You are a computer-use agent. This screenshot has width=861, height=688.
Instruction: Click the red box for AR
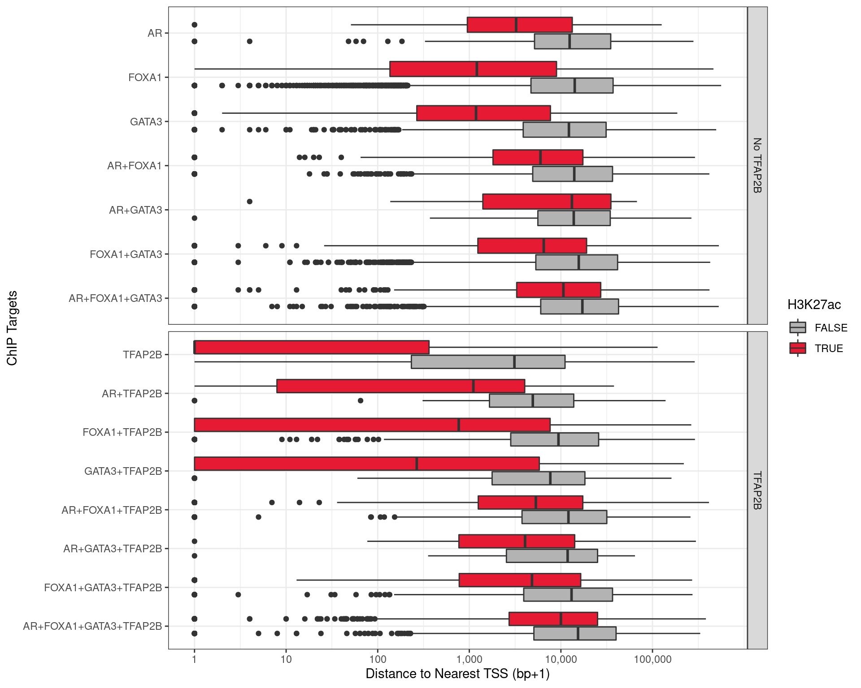point(519,25)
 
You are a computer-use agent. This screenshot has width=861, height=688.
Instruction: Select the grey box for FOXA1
point(572,86)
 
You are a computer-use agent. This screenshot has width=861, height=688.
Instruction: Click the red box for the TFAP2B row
point(312,347)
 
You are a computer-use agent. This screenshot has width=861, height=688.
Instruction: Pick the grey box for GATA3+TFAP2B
point(538,478)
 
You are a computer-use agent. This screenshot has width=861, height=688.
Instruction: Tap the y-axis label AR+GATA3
point(135,210)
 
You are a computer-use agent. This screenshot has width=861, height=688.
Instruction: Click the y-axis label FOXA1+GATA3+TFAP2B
point(103,588)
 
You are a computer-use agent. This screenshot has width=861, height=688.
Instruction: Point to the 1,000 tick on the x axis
point(469,659)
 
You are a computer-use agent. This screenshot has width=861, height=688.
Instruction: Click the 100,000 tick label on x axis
point(652,659)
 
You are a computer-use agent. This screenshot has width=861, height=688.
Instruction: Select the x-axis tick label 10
point(286,659)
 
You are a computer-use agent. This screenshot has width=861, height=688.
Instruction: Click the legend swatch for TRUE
point(798,348)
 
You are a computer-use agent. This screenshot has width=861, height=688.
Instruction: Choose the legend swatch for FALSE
point(798,328)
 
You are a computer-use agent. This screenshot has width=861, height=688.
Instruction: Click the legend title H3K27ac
point(814,305)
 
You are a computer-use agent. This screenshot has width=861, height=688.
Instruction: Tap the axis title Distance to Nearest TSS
point(457,674)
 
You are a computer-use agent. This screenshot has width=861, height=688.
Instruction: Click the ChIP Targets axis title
point(12,328)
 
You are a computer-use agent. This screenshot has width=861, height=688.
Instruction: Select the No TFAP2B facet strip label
point(757,165)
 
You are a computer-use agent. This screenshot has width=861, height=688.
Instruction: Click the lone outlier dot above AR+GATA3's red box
point(250,202)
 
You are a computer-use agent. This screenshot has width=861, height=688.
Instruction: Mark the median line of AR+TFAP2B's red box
point(474,386)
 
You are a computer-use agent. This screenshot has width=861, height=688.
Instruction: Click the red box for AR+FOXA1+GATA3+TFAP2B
point(553,619)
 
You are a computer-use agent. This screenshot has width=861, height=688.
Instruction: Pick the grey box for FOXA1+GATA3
point(576,262)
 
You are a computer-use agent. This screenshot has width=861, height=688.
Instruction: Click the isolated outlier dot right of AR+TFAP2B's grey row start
point(361,400)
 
